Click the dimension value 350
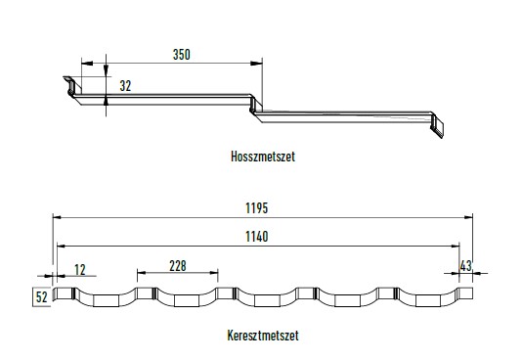(x=181, y=55)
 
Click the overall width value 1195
(x=258, y=207)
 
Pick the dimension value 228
(x=177, y=264)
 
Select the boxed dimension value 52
(x=41, y=295)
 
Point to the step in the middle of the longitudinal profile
(x=256, y=106)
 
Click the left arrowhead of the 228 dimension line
(x=140, y=273)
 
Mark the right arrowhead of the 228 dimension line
(x=215, y=273)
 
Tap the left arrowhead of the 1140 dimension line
(x=61, y=245)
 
